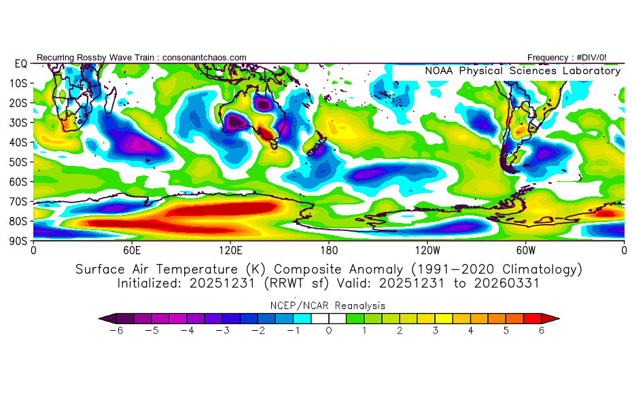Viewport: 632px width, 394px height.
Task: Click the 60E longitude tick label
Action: click(132, 249)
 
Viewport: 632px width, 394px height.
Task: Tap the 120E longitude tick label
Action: click(230, 249)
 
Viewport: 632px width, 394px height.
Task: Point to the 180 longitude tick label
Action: click(329, 249)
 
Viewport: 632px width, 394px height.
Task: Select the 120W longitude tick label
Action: click(427, 249)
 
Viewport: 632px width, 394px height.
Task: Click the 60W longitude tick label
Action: click(526, 249)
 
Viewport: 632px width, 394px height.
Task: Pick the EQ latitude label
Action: click(20, 63)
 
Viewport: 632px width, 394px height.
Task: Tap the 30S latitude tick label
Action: click(19, 122)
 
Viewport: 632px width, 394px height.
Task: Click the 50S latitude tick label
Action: click(19, 162)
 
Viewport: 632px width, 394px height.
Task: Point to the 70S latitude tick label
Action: click(19, 201)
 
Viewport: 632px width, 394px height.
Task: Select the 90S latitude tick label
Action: click(19, 240)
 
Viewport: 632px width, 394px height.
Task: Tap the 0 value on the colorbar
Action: click(329, 330)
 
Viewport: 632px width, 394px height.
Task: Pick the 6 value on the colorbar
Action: click(542, 330)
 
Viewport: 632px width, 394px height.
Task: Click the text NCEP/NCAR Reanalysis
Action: click(329, 306)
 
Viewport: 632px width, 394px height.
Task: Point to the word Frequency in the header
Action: click(548, 58)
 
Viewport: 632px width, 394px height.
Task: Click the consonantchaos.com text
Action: click(204, 58)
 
